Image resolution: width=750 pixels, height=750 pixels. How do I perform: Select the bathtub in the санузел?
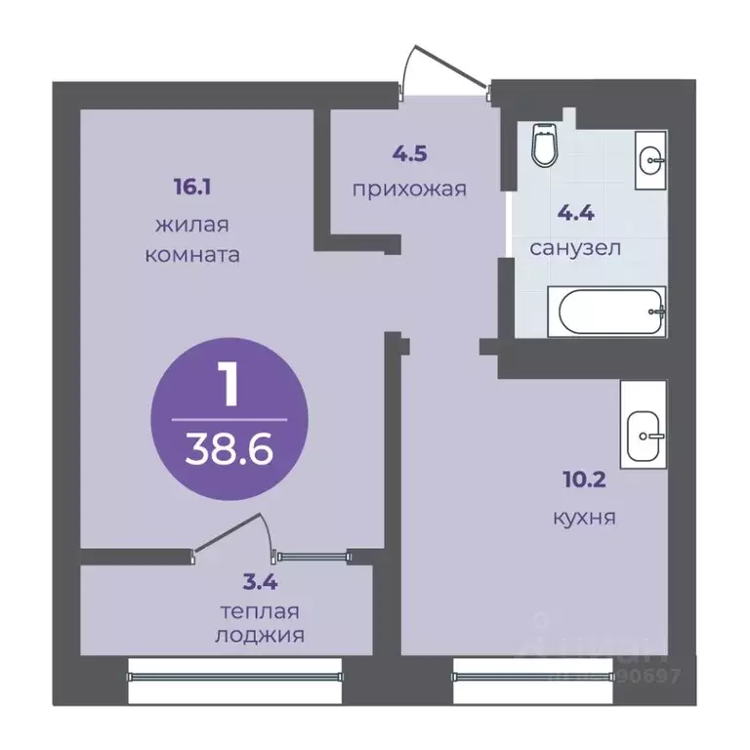click(x=606, y=312)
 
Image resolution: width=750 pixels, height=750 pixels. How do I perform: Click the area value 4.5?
click(x=410, y=152)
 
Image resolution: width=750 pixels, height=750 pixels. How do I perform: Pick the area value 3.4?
click(x=259, y=586)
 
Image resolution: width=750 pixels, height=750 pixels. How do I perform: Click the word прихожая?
click(x=410, y=187)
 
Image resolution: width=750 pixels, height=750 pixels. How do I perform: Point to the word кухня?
click(x=583, y=517)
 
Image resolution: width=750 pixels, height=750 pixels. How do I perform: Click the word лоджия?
click(x=259, y=635)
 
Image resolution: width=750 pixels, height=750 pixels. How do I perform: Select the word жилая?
click(x=192, y=225)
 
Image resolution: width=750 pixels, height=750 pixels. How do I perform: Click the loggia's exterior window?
click(x=234, y=673)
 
